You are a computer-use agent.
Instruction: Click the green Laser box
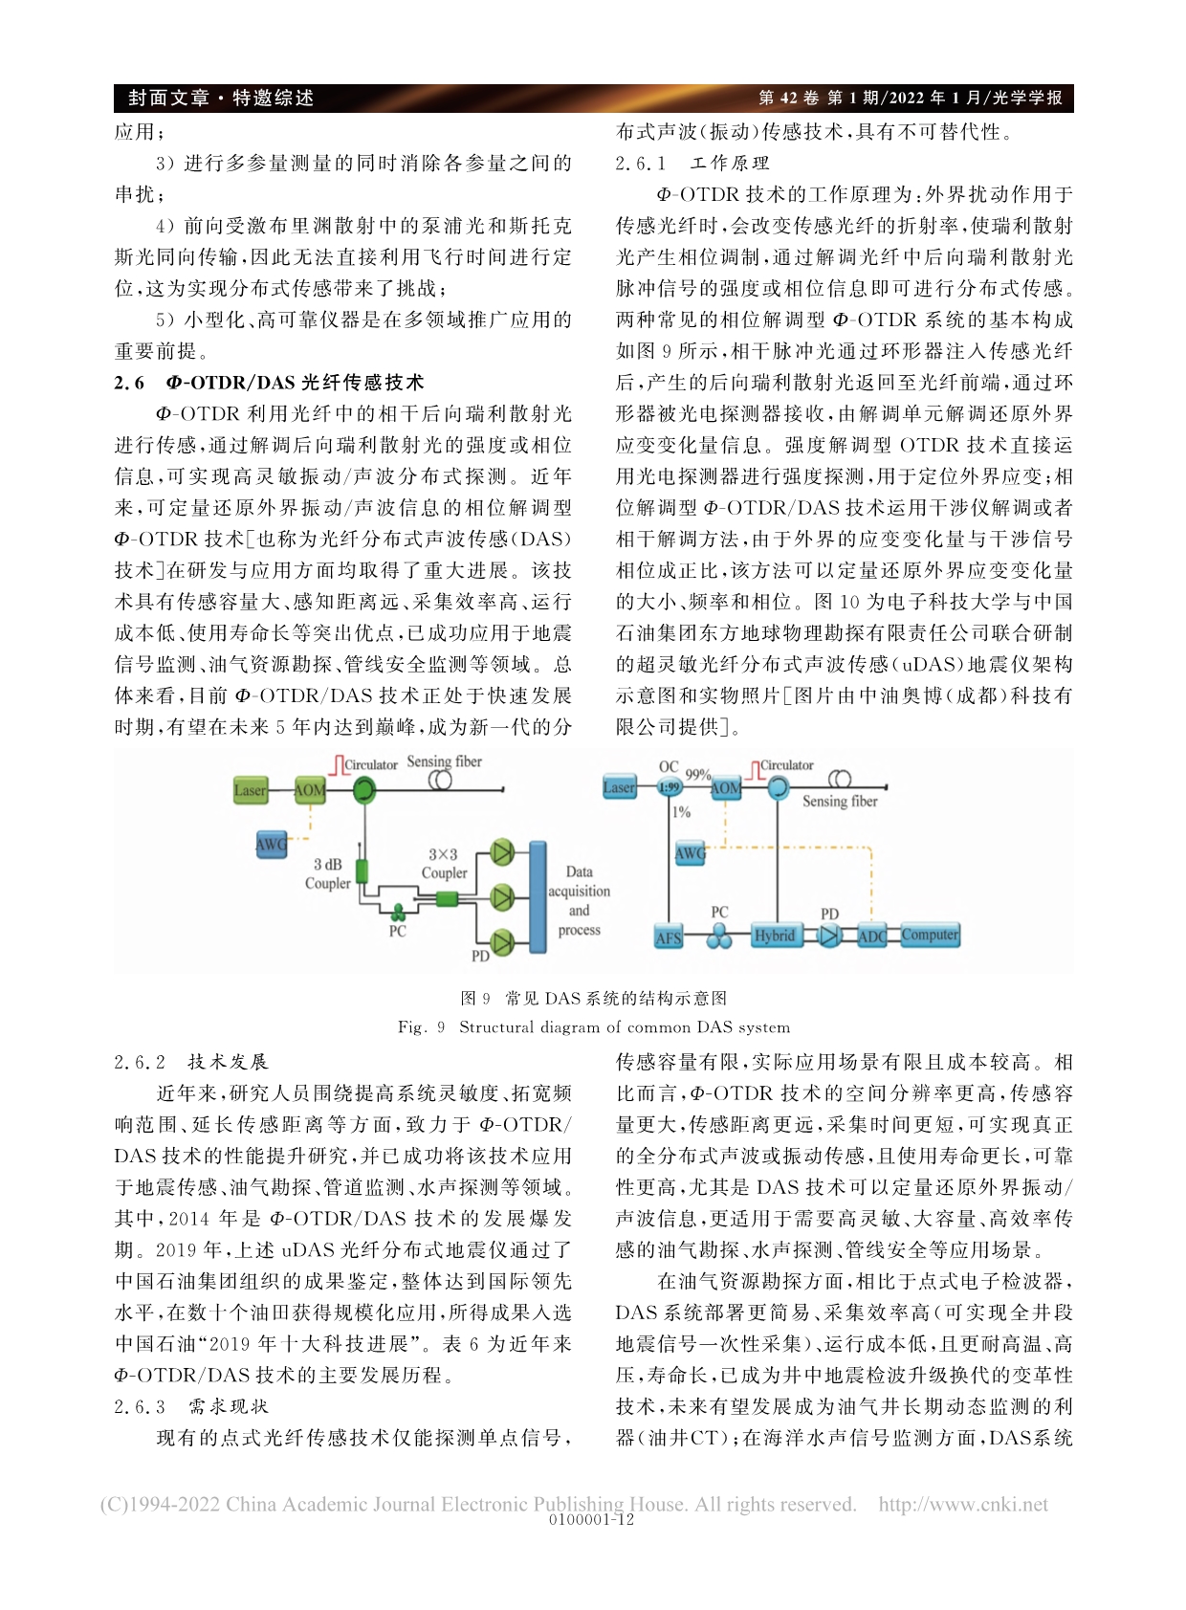(x=251, y=790)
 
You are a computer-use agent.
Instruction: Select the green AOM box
(x=310, y=790)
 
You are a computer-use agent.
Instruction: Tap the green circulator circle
(x=363, y=790)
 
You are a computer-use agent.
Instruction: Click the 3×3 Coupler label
(x=444, y=864)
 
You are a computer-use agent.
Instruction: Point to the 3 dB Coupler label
(x=327, y=873)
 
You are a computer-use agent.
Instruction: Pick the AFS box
(x=668, y=937)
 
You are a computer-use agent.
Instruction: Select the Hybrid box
(x=774, y=936)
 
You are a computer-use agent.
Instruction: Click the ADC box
(x=871, y=936)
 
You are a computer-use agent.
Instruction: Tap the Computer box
(x=930, y=935)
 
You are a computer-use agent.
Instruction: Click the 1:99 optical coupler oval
(x=669, y=787)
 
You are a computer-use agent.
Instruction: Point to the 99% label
(x=698, y=774)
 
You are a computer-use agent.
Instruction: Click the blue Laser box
(x=619, y=787)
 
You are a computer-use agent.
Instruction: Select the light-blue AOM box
(x=725, y=787)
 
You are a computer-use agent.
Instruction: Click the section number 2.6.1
(x=641, y=164)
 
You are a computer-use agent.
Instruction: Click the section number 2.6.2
(x=140, y=1062)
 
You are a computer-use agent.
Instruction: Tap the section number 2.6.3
(x=140, y=1406)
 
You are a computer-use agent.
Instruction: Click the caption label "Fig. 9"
(x=422, y=1027)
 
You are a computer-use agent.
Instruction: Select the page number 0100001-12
(x=592, y=1520)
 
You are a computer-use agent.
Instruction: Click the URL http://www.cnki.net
(x=963, y=1505)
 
